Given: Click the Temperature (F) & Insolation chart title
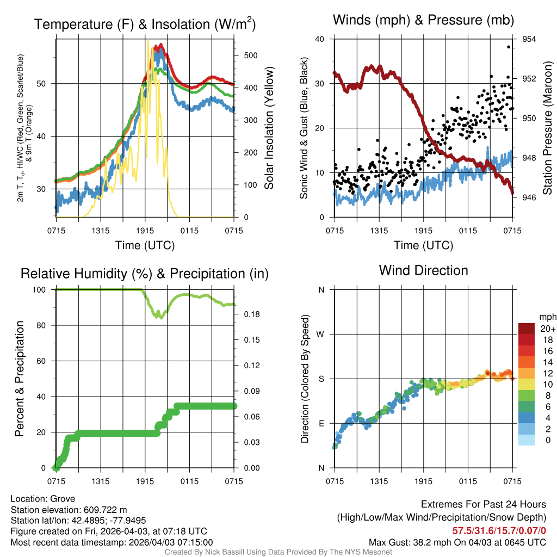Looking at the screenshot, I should click(145, 24).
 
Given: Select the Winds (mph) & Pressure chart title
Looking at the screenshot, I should click(424, 21).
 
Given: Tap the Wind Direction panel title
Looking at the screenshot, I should click(423, 270).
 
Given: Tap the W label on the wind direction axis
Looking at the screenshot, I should click(321, 334).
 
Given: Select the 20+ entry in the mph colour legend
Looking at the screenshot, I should click(547, 329).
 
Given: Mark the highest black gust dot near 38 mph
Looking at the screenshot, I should click(509, 47).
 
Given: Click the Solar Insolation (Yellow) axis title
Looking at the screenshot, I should click(269, 128).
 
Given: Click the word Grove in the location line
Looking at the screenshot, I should click(64, 499).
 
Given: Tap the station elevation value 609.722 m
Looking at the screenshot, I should click(105, 510).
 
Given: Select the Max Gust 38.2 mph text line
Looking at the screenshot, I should click(457, 542).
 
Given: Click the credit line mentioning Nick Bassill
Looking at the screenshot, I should click(278, 552).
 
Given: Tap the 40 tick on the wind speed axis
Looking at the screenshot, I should click(320, 39).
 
